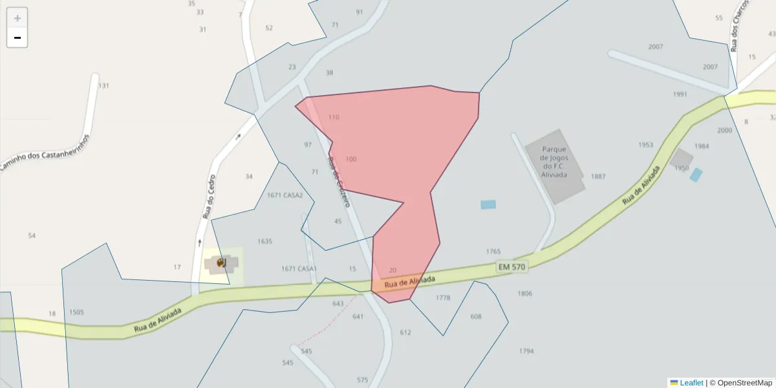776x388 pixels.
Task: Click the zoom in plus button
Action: [17, 18]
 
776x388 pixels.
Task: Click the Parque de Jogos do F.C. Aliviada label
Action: [554, 161]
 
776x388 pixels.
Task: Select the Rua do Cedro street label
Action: [208, 197]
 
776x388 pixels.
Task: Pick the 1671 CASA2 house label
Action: [285, 195]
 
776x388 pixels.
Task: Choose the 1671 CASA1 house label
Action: [299, 268]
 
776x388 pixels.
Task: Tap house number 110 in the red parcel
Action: [334, 117]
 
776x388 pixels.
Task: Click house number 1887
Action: [598, 177]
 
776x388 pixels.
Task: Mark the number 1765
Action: [493, 252]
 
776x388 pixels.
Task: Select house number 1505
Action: [76, 312]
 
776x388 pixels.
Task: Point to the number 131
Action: [103, 85]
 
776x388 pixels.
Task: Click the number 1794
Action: [526, 351]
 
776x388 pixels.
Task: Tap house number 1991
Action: [680, 94]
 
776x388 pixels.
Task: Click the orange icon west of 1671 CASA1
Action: [221, 262]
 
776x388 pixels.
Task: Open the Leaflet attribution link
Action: [691, 383]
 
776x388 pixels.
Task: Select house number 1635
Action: [264, 241]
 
